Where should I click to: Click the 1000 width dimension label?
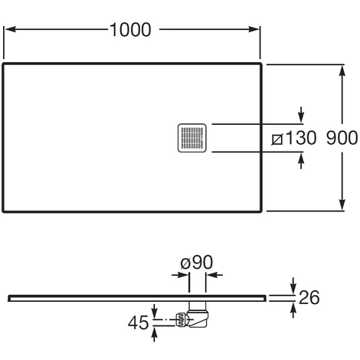pyautogui.click(x=130, y=30)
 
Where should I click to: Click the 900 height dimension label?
pyautogui.click(x=342, y=138)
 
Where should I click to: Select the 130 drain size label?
pyautogui.click(x=300, y=138)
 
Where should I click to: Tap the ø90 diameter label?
pyautogui.click(x=197, y=262)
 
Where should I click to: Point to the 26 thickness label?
pyautogui.click(x=309, y=297)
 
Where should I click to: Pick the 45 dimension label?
pyautogui.click(x=138, y=322)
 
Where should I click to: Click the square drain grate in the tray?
pyautogui.click(x=192, y=138)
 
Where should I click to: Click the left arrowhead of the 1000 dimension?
pyautogui.click(x=11, y=29)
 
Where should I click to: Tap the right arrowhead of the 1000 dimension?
pyautogui.click(x=254, y=29)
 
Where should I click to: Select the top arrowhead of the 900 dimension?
pyautogui.click(x=342, y=70)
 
